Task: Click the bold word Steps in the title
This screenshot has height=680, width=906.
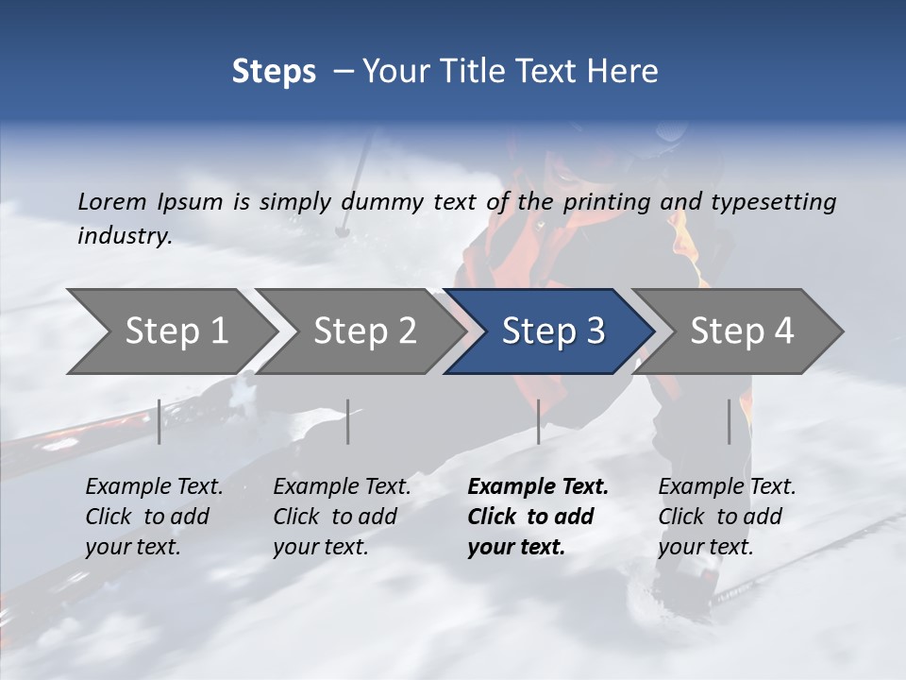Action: pyautogui.click(x=274, y=72)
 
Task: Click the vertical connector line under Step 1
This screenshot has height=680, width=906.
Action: pyautogui.click(x=159, y=421)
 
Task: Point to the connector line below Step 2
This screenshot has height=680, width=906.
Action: pyautogui.click(x=348, y=421)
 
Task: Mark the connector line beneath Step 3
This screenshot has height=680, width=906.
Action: pyautogui.click(x=538, y=421)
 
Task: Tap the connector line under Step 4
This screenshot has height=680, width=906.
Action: pyautogui.click(x=729, y=421)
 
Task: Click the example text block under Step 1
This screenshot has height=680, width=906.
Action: pyautogui.click(x=154, y=517)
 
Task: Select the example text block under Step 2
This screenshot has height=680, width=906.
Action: pyautogui.click(x=342, y=517)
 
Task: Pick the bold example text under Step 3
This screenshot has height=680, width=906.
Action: pyautogui.click(x=537, y=517)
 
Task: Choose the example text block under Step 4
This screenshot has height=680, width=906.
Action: pyautogui.click(x=727, y=517)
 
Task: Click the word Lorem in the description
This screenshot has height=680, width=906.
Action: pyautogui.click(x=112, y=202)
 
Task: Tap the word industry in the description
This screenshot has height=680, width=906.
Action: pyautogui.click(x=124, y=236)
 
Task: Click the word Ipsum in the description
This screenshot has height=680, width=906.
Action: pyautogui.click(x=192, y=202)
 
